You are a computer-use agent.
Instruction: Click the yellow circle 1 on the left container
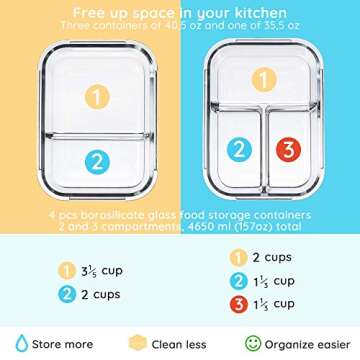pyautogui.click(x=97, y=98)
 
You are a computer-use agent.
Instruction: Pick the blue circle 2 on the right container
pyautogui.click(x=239, y=151)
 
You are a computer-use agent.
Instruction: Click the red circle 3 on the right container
pyautogui.click(x=289, y=151)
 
